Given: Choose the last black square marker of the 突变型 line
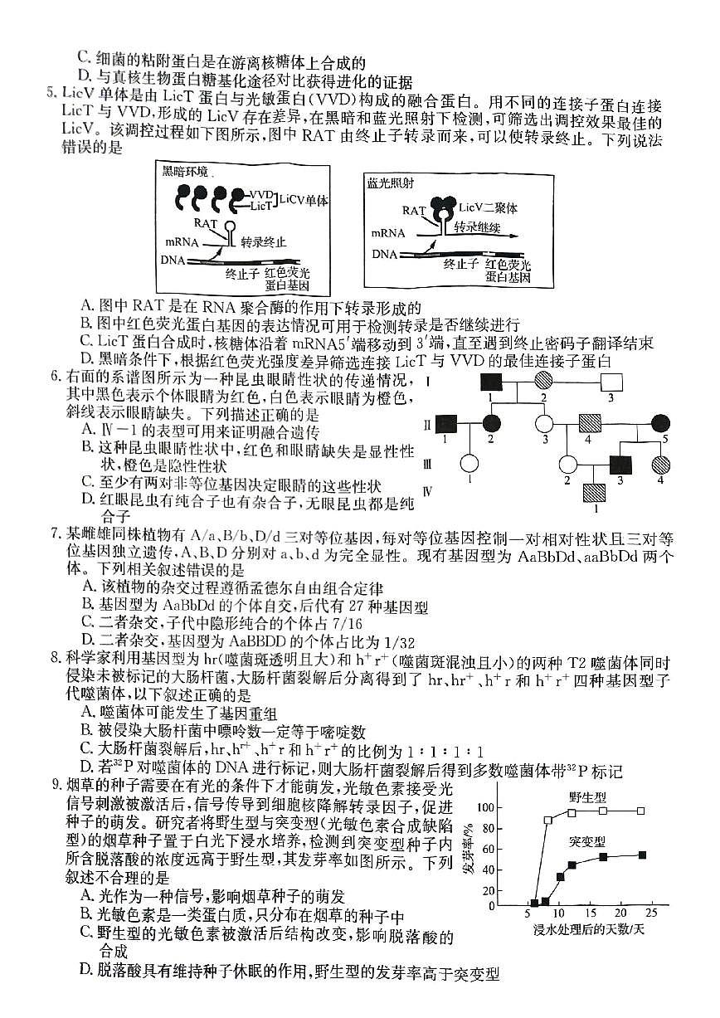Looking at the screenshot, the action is pos(641,855).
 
